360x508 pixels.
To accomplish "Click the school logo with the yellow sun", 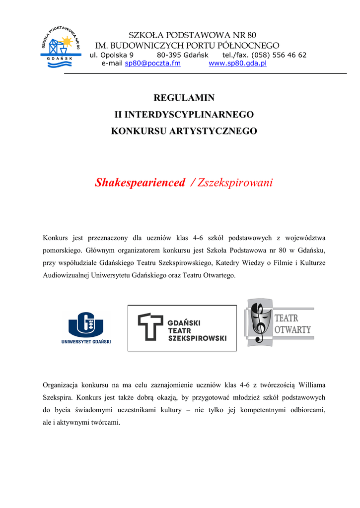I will [61, 45].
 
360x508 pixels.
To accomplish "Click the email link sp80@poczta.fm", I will [152, 63].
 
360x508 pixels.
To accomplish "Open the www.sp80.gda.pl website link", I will [237, 63].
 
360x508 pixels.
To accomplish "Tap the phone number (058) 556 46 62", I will [279, 55].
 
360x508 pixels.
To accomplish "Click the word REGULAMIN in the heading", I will [184, 98].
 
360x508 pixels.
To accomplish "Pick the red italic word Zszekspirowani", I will [235, 183].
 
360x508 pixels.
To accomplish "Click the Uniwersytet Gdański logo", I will [86, 328].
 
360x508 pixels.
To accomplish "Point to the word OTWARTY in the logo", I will [293, 329].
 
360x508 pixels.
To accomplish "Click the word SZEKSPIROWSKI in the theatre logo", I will [197, 338].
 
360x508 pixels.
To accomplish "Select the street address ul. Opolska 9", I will [112, 55].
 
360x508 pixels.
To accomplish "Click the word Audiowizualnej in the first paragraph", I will [66, 275].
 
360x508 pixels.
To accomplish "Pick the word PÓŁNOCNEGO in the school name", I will [253, 45].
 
